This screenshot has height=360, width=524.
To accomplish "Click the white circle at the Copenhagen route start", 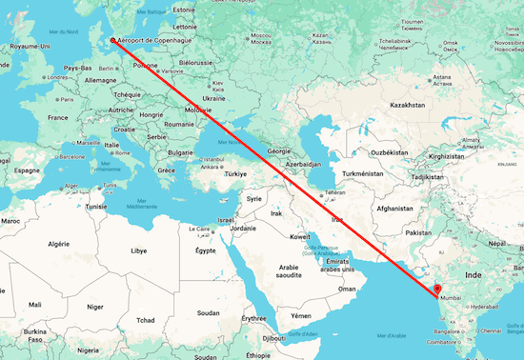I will pos(112,40).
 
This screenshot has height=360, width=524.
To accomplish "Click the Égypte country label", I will pos(205,250).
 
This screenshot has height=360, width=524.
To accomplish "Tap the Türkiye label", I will pos(235,174).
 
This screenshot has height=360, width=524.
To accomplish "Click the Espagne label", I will pos(28,170).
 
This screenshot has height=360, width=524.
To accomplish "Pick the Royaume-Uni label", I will pos(30,46).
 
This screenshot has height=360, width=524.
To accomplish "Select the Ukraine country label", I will pos(213,98).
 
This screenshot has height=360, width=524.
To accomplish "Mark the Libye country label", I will pos(139,250).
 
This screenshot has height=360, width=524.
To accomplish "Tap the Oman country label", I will pos(347,289).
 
